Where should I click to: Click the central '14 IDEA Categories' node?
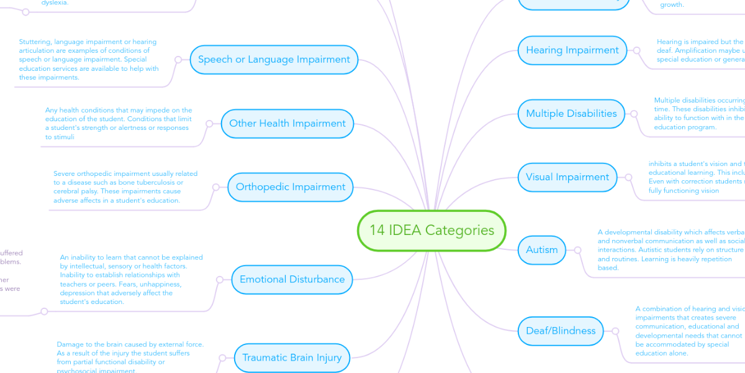[432, 231]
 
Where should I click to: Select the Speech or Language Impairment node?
[274, 60]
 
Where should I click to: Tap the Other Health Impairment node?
[287, 123]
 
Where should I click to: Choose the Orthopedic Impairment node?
[291, 186]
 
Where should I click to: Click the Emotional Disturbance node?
[292, 279]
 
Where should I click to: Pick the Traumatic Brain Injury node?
[291, 357]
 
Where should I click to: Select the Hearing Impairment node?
[572, 50]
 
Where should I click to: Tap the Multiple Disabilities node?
[571, 113]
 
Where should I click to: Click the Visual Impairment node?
[567, 177]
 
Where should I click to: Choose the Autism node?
[542, 249]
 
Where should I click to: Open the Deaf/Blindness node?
[561, 331]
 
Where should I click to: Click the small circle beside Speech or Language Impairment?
[178, 60]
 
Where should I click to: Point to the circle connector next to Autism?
[577, 249]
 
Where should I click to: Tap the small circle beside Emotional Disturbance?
[219, 280]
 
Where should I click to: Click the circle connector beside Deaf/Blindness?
[615, 331]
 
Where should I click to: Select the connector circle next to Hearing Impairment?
[636, 50]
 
